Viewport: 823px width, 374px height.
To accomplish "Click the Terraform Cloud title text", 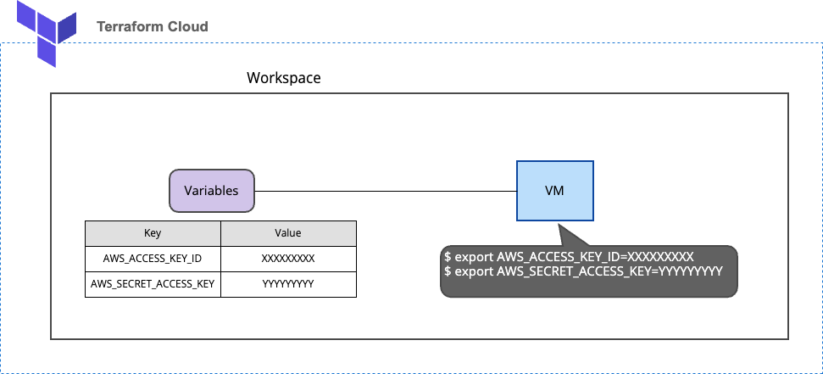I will [x=153, y=26].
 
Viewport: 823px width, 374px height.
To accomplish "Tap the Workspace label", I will [x=283, y=78].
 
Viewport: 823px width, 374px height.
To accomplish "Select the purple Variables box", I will [x=211, y=191].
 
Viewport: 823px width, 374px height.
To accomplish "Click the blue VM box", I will [x=554, y=191].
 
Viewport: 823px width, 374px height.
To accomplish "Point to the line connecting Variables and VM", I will [x=386, y=191].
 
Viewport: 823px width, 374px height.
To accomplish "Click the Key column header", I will [x=153, y=233].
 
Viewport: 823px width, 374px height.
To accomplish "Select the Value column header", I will [x=288, y=233].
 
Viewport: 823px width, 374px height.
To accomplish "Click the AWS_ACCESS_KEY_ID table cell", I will [x=153, y=259].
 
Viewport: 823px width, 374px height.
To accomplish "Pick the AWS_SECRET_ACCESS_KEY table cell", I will [x=153, y=284].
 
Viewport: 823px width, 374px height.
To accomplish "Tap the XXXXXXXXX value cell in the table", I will [x=288, y=259].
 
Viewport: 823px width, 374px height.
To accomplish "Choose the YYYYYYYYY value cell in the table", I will [x=288, y=284].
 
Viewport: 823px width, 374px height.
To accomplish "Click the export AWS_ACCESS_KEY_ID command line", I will [x=570, y=257].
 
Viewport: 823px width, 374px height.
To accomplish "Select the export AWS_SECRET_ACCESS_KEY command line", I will [x=583, y=271].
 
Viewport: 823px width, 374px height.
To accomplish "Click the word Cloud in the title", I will [x=187, y=26].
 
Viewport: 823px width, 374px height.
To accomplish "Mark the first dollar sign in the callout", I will [x=448, y=257].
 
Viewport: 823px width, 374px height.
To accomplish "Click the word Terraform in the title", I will [x=131, y=26].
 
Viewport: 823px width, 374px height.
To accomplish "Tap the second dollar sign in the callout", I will [x=448, y=271].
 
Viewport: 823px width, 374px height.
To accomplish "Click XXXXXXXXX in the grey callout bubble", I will [x=660, y=257].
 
